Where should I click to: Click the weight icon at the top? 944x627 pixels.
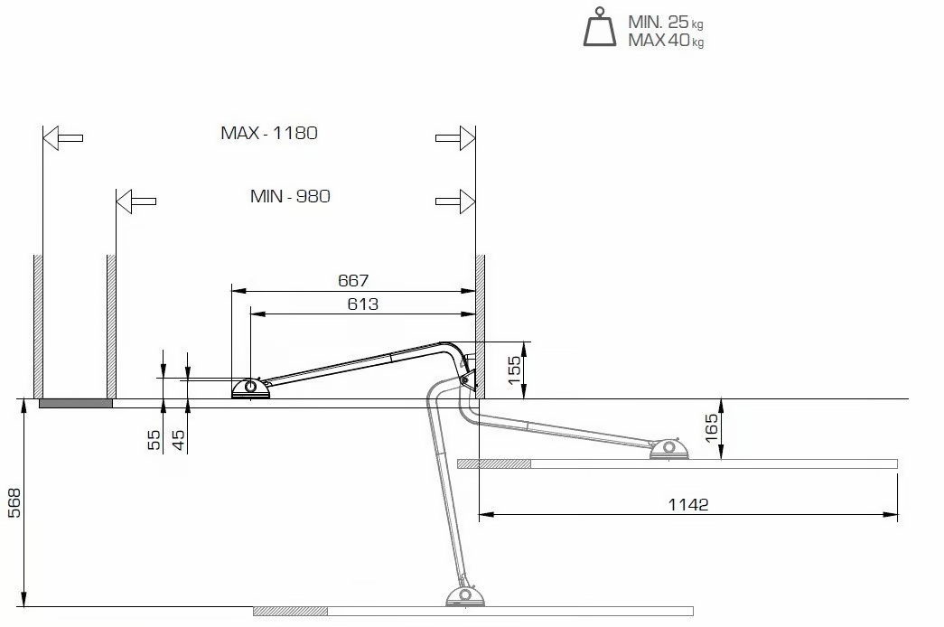click(600, 27)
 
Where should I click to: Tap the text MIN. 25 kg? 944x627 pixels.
click(665, 23)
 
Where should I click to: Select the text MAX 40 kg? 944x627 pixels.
click(666, 41)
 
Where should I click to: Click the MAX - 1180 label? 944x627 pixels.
click(269, 133)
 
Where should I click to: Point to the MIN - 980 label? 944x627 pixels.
click(290, 196)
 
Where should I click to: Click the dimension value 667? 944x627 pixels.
click(353, 281)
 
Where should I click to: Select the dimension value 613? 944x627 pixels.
click(362, 304)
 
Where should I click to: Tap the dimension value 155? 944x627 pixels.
click(515, 370)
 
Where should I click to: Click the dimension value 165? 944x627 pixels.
click(711, 427)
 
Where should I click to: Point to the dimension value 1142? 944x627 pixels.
click(688, 505)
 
